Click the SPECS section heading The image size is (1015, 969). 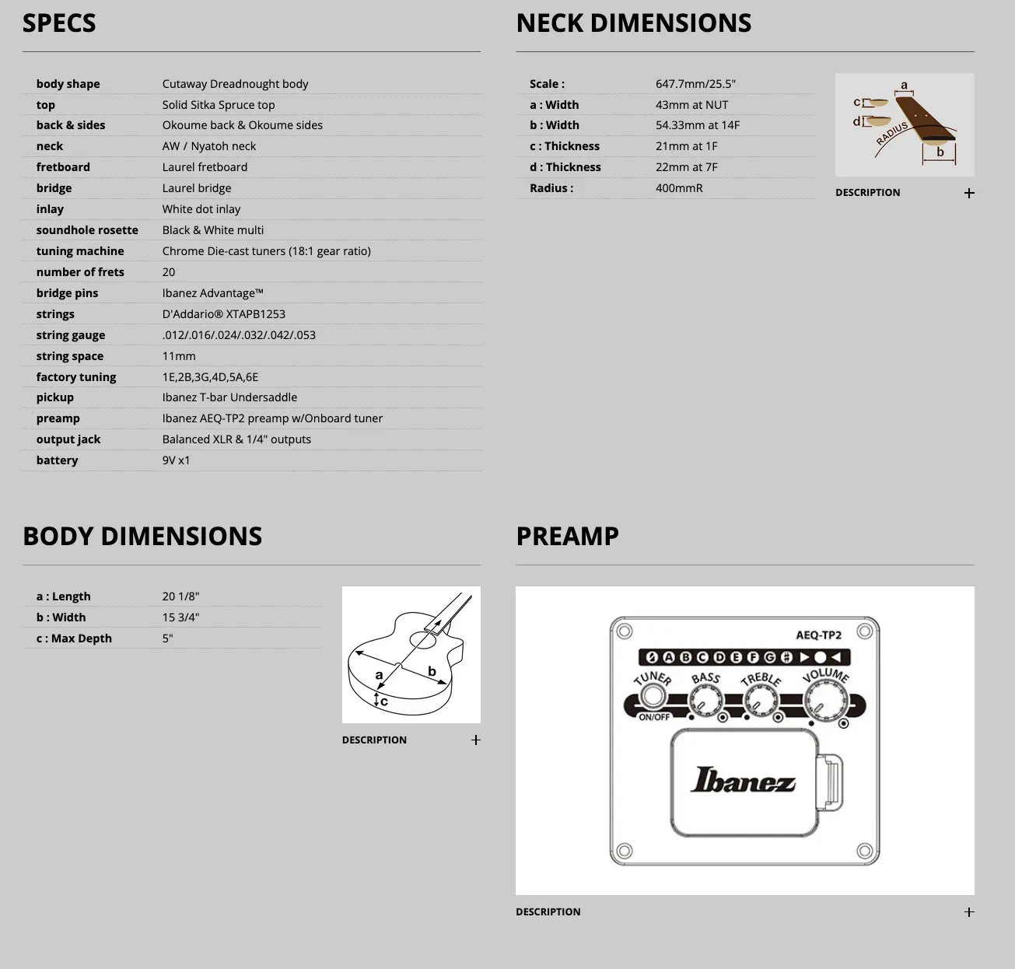pos(59,23)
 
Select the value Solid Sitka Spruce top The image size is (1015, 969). pos(219,105)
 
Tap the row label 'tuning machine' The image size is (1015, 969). pos(80,251)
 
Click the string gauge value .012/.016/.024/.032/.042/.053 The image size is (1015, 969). pos(239,335)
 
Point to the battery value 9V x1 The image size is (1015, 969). pos(176,460)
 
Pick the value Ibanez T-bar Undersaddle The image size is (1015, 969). pos(229,397)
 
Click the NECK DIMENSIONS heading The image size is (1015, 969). pos(634,23)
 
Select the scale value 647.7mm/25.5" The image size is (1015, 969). pos(695,84)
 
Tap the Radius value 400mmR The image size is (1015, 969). pos(679,188)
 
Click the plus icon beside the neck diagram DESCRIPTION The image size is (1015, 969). pos(969,193)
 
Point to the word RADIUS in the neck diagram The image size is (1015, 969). pos(892,134)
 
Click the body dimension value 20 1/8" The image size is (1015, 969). pos(180,596)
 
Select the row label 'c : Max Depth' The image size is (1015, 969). pos(74,638)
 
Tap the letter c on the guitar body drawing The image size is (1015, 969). pos(384,701)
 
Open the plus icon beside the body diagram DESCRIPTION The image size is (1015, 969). pos(476,740)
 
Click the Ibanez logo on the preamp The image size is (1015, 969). pos(744,780)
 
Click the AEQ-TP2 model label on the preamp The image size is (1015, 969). pos(818,635)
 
